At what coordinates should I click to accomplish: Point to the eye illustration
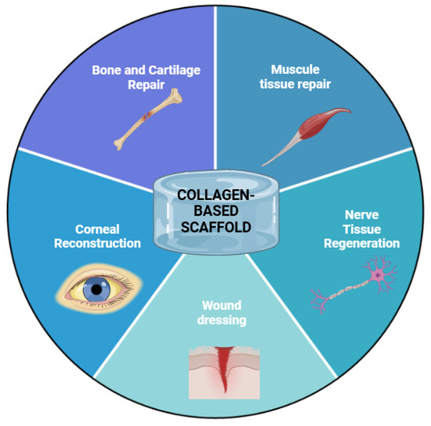95,289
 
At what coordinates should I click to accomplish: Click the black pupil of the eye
97,289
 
